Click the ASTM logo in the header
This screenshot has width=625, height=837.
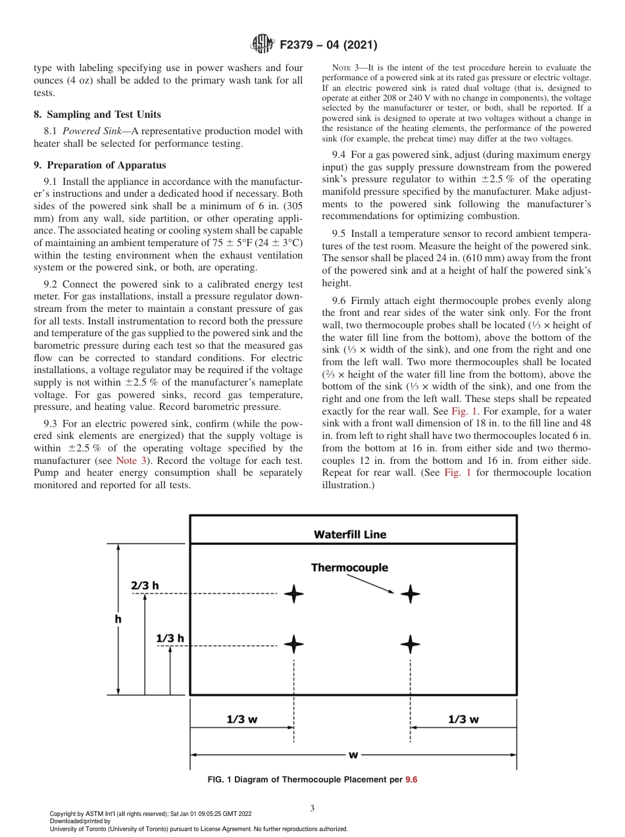[262, 45]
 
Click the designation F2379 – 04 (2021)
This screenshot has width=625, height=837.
[328, 45]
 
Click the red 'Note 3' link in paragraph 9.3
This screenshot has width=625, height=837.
[130, 460]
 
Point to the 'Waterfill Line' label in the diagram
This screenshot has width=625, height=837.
[349, 534]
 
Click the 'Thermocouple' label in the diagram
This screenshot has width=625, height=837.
[349, 567]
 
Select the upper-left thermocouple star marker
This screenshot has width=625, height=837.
[294, 594]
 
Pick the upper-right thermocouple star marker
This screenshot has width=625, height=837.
[411, 594]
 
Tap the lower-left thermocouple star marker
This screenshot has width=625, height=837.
[294, 644]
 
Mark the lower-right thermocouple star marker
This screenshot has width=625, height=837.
[411, 644]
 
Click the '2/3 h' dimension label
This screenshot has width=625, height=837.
[145, 585]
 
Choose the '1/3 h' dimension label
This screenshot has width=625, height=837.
[170, 638]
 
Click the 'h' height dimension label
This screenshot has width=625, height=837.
[118, 619]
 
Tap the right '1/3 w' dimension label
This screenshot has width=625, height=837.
[463, 719]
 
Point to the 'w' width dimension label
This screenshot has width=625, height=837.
[353, 753]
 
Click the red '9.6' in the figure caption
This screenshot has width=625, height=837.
[411, 780]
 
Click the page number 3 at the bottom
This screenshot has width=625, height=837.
[312, 808]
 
